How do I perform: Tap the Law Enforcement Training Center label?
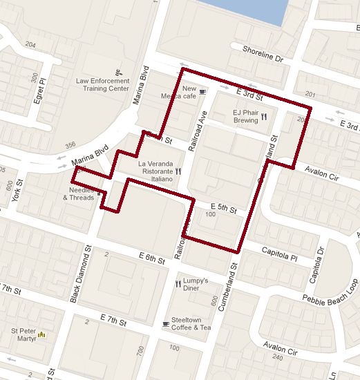[103, 84]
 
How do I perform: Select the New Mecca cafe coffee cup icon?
[203, 91]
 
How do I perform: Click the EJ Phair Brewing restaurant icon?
[264, 118]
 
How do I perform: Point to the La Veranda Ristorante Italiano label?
[150, 169]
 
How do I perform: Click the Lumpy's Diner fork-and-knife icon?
[178, 283]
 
